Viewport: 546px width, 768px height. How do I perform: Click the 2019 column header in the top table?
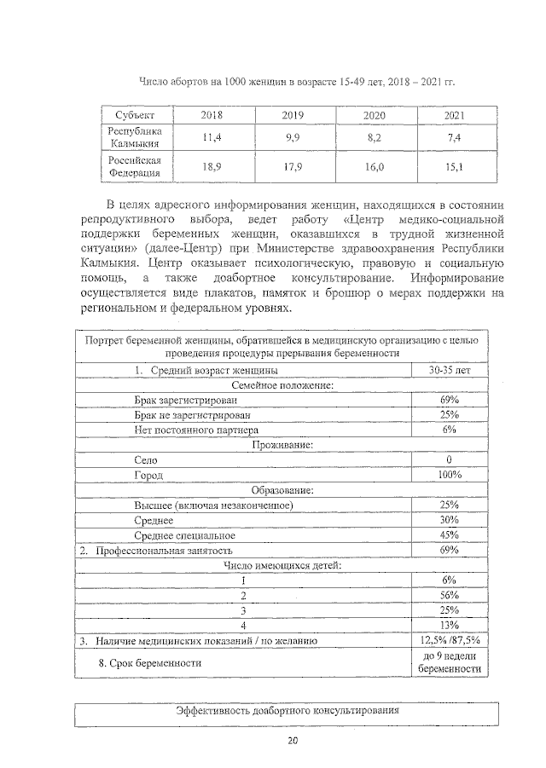pyautogui.click(x=293, y=115)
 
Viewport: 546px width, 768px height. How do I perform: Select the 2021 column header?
pyautogui.click(x=455, y=115)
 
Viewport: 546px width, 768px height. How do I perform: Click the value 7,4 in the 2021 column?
pyautogui.click(x=454, y=137)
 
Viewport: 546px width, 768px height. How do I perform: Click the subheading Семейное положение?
pyautogui.click(x=282, y=385)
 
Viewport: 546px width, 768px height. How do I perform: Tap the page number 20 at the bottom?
pyautogui.click(x=292, y=740)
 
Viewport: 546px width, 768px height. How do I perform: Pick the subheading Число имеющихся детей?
pyautogui.click(x=282, y=565)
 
